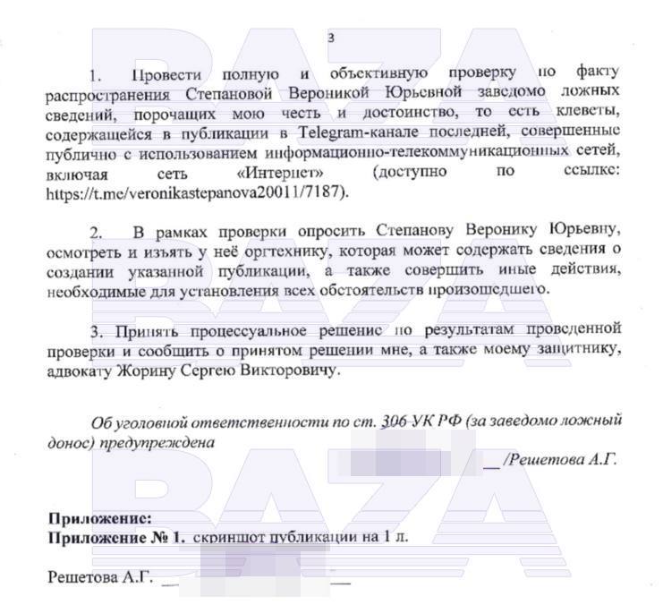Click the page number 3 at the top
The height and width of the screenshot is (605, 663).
tap(331, 38)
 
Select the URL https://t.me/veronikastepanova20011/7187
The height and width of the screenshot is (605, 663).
tap(196, 192)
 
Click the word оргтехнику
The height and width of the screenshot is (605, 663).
tap(273, 252)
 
